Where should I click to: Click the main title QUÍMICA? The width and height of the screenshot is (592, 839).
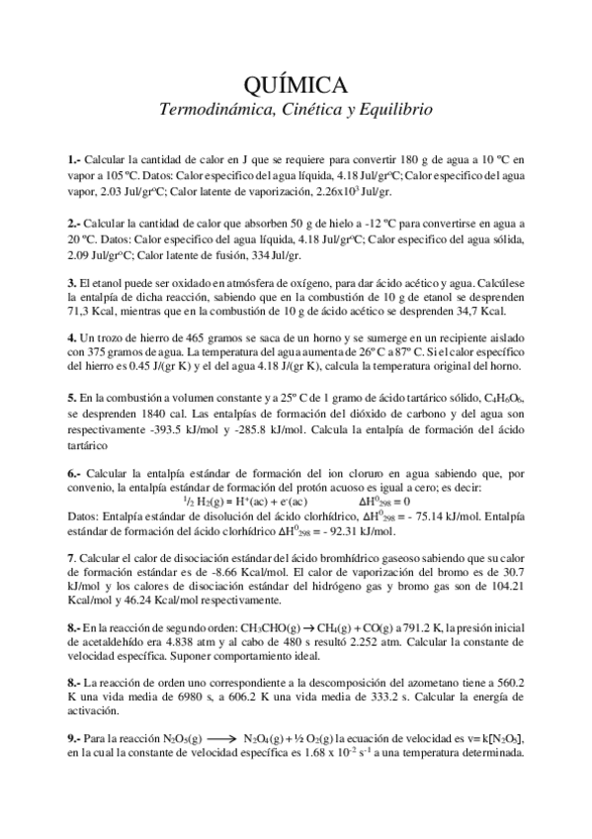coord(296,82)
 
